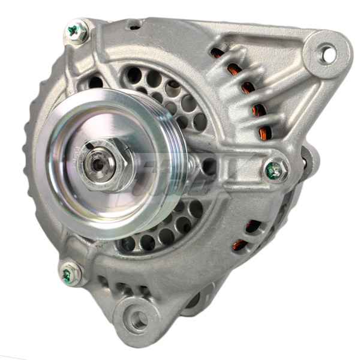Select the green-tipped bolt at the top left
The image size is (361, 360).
coord(76,31)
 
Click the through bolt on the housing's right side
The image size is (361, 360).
coord(275,170)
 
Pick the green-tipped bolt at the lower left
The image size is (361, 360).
coord(69,274)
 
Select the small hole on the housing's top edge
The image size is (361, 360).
coord(135,26)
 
